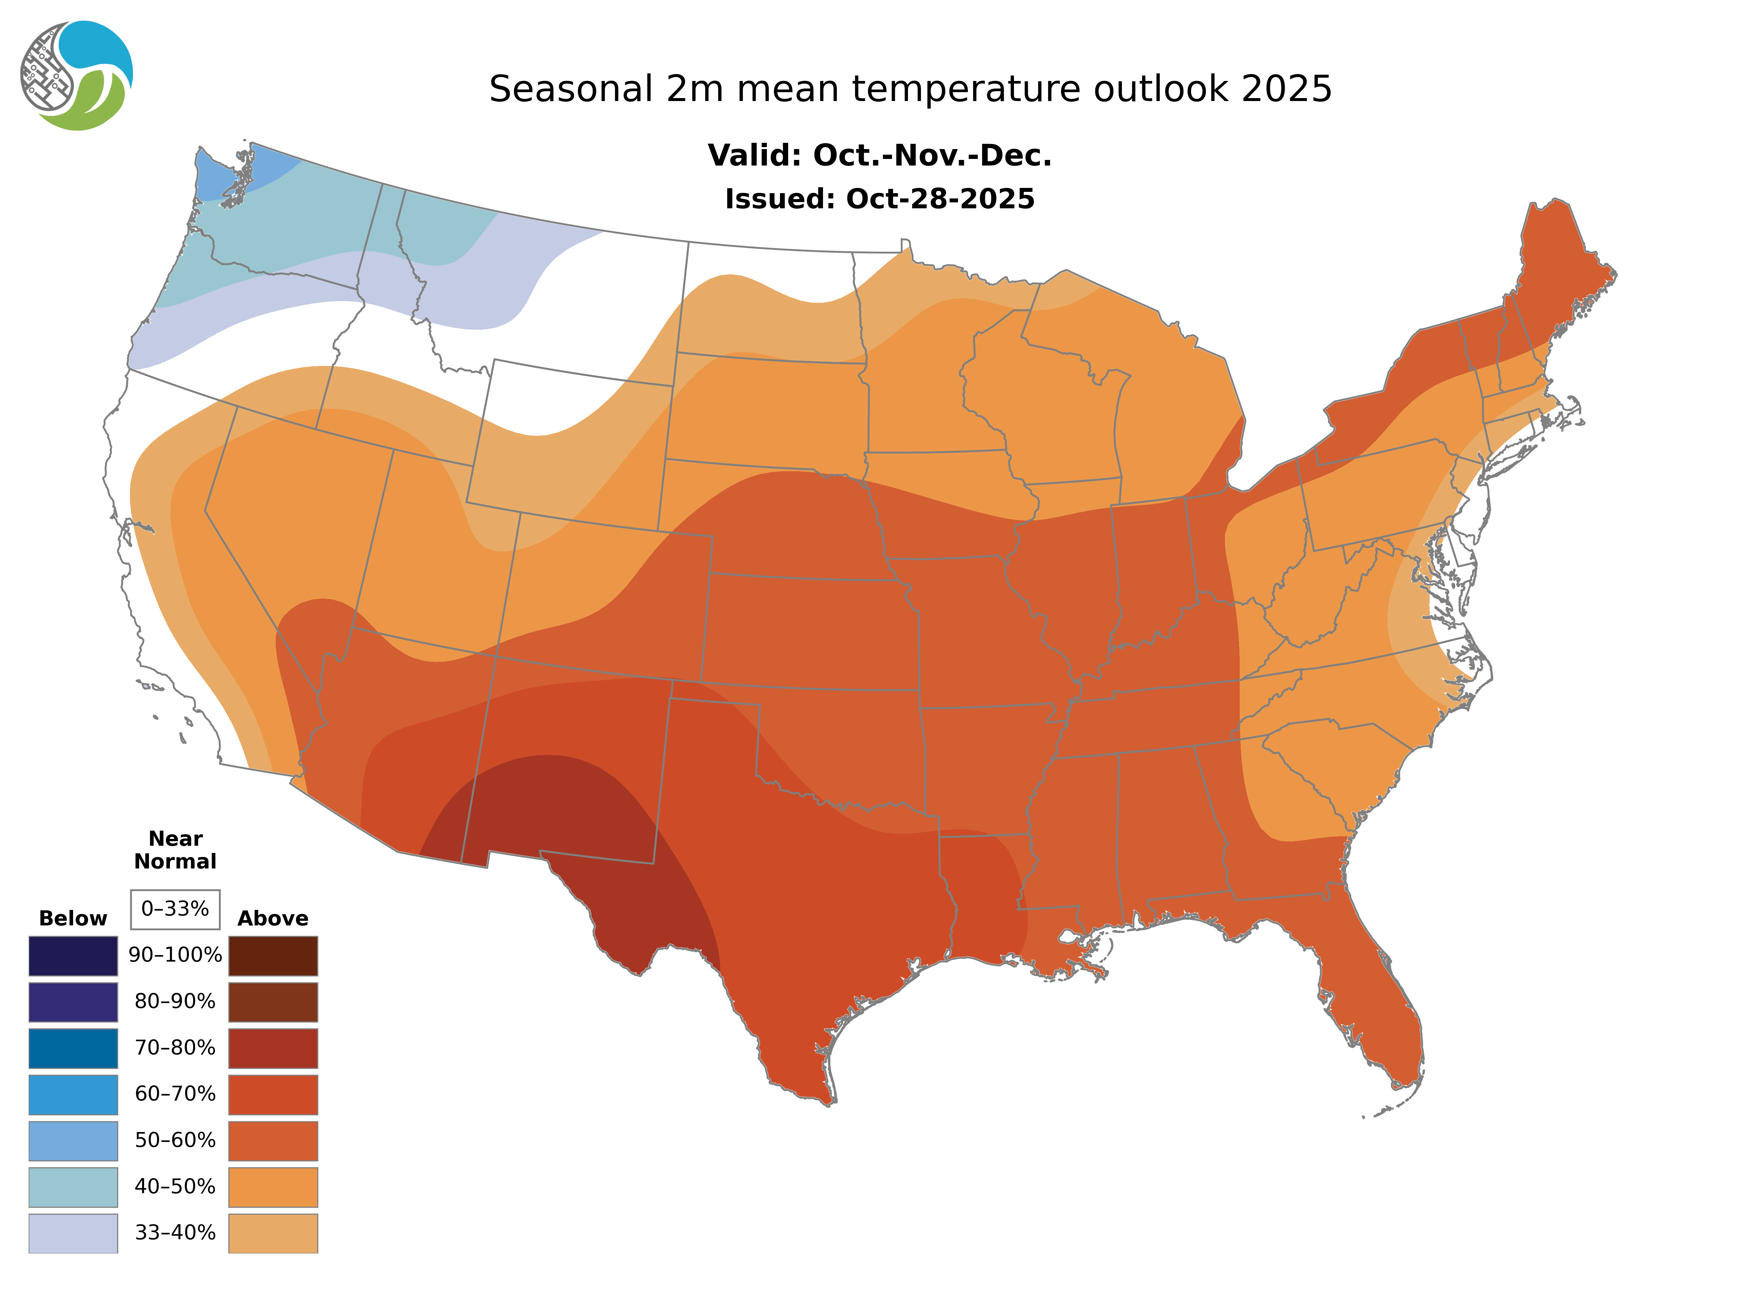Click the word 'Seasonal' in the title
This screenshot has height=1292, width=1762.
pos(571,89)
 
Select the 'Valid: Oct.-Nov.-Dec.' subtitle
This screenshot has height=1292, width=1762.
pos(880,156)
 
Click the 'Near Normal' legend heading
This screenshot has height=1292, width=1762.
pos(175,850)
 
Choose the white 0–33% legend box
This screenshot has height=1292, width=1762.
pos(175,909)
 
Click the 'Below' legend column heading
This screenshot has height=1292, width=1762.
pos(73,918)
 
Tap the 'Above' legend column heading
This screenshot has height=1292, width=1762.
pos(273,918)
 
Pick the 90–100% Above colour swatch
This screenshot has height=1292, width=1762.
pos(273,956)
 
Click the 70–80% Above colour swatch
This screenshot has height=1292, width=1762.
pos(273,1048)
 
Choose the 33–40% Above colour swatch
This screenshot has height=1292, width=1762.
pos(273,1232)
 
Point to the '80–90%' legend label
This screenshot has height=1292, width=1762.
pos(175,1002)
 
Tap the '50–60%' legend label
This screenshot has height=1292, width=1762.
pos(175,1140)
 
